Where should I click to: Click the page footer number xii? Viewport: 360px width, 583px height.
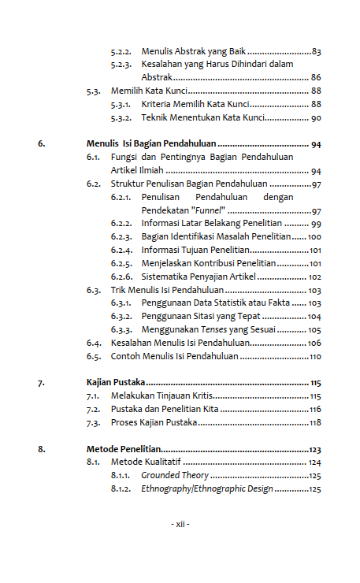180,524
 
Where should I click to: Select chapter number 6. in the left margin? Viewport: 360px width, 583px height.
42,145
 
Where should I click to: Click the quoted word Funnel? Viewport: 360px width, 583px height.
211,211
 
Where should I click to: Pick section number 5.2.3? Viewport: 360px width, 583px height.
121,64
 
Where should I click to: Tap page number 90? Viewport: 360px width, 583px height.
315,117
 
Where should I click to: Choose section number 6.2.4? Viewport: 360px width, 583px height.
121,250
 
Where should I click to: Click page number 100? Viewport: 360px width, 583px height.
314,236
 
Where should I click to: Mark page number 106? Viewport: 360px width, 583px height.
314,343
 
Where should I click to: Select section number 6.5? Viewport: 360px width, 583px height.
94,356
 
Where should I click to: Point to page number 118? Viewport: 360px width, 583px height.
315,422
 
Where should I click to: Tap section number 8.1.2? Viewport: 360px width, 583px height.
121,489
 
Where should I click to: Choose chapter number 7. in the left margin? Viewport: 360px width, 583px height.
42,383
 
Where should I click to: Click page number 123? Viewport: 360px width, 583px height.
315,449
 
